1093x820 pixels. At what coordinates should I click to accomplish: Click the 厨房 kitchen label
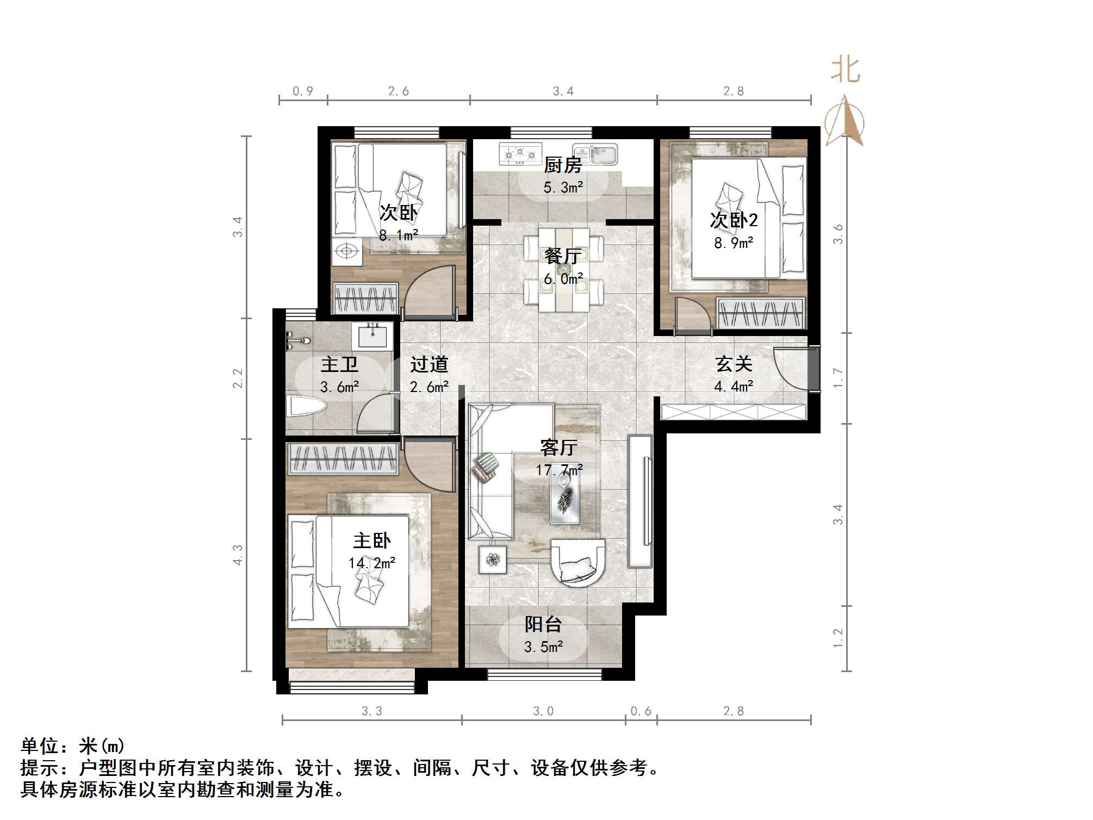tap(563, 164)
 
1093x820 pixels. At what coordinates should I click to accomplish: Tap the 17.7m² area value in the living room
tap(559, 470)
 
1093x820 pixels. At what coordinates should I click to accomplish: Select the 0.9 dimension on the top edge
tap(303, 91)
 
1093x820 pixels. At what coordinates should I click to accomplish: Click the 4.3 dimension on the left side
tap(238, 555)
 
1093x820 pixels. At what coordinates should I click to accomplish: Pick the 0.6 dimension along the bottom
tap(641, 711)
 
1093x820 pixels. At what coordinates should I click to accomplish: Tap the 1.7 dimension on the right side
tap(838, 378)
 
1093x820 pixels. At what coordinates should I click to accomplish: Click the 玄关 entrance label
tap(734, 364)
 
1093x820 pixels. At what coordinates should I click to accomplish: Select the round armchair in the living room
tap(577, 563)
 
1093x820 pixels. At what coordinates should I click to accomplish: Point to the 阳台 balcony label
tap(543, 624)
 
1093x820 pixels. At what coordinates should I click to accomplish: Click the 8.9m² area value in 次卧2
tap(734, 243)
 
